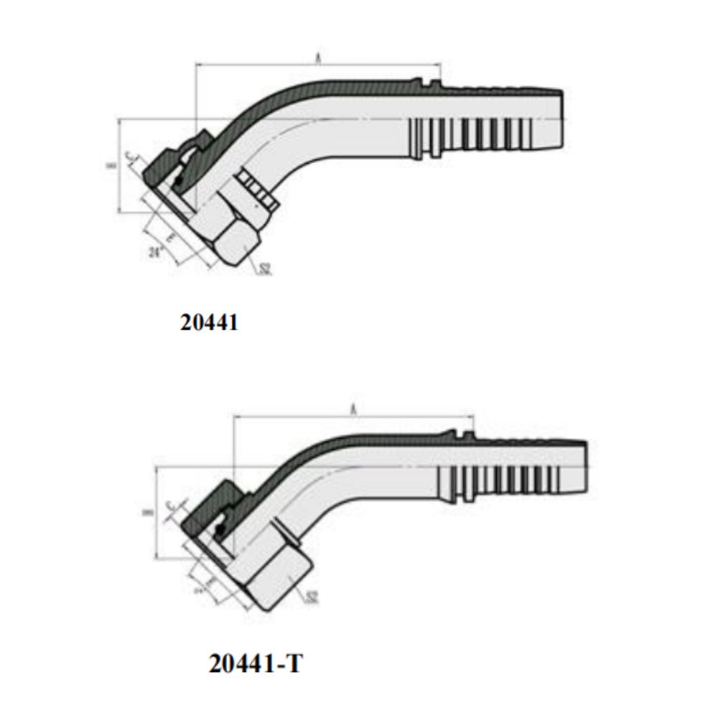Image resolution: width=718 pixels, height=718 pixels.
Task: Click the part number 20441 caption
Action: point(209,323)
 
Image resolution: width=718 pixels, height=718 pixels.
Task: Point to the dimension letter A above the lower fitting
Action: point(353,409)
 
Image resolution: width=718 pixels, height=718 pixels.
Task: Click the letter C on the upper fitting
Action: point(129,157)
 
